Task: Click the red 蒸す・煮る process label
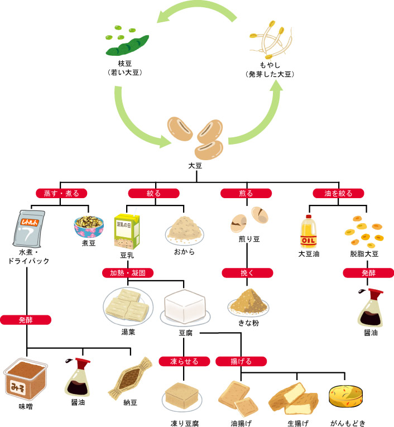coord(61,194)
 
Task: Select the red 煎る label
coord(246,194)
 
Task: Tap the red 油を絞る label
coord(338,194)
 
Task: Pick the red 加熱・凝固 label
coord(128,274)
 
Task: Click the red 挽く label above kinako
coord(246,273)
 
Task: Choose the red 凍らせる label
coord(184,361)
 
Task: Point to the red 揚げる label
coord(241,361)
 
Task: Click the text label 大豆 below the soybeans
coord(196,166)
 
